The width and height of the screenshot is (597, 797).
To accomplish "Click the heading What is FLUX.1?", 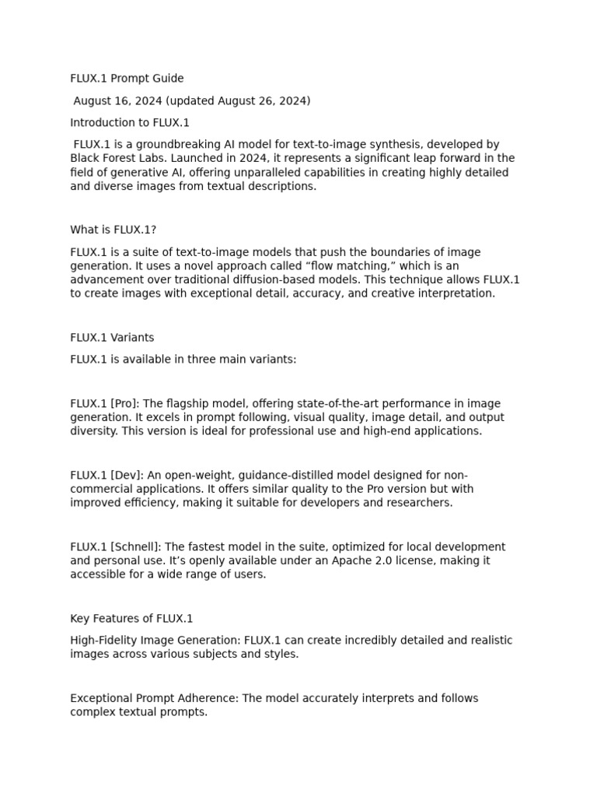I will click(113, 230).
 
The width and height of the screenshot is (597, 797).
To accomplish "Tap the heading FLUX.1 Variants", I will click(112, 338).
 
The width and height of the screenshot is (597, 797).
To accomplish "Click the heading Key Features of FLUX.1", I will click(131, 619).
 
